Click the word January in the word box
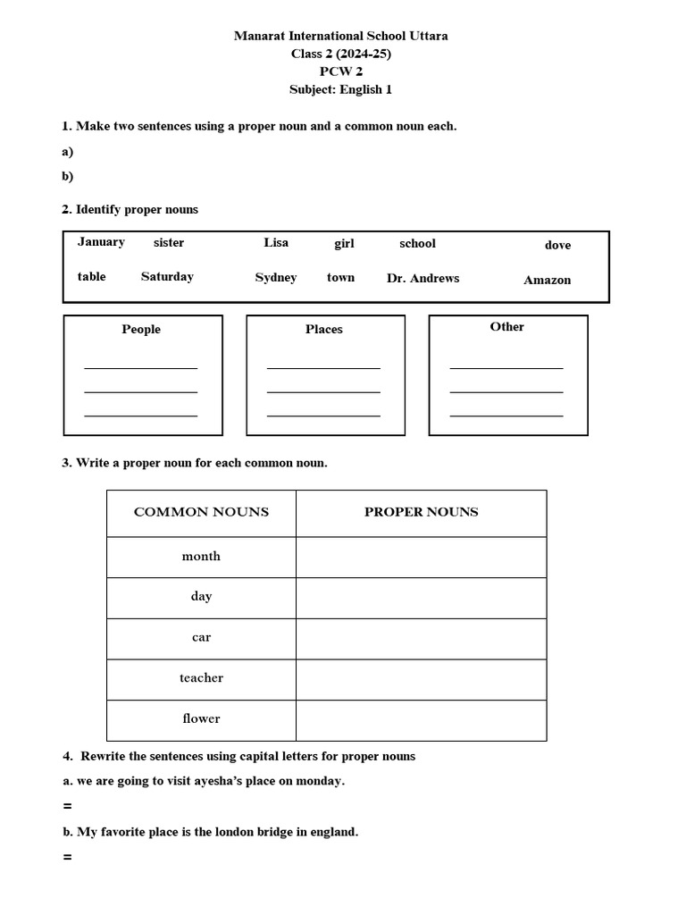(101, 241)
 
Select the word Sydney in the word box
(276, 277)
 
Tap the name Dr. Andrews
(422, 278)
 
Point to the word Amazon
(547, 280)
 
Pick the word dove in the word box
(557, 245)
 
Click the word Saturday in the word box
(167, 276)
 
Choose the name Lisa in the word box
(276, 242)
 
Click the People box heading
(141, 329)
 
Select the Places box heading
(323, 329)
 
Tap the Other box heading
(506, 326)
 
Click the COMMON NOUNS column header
(201, 512)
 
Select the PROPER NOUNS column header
(421, 512)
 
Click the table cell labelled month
(201, 556)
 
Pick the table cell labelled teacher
(201, 677)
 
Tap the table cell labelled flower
(201, 718)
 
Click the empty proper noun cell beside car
(421, 638)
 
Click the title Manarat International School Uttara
(341, 36)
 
